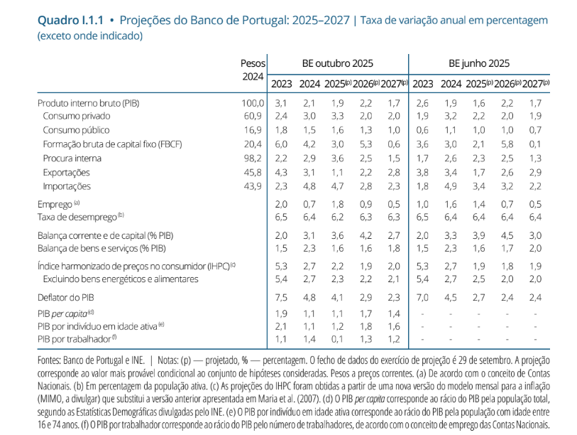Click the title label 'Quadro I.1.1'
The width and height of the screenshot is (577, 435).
pos(68,20)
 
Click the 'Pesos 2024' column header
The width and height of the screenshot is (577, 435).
pos(252,70)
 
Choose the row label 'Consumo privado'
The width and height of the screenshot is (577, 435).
pos(76,116)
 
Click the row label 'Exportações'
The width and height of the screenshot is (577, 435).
pos(66,173)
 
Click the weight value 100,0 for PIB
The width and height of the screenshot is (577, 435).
pos(253,103)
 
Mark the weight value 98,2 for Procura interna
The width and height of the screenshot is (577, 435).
pos(256,159)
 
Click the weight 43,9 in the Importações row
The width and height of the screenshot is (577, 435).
pos(256,186)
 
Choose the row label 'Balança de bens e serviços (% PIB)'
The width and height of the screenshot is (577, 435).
pos(102,248)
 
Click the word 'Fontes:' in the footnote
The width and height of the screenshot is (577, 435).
pos(52,361)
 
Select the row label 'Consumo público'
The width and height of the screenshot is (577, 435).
pos(76,131)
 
